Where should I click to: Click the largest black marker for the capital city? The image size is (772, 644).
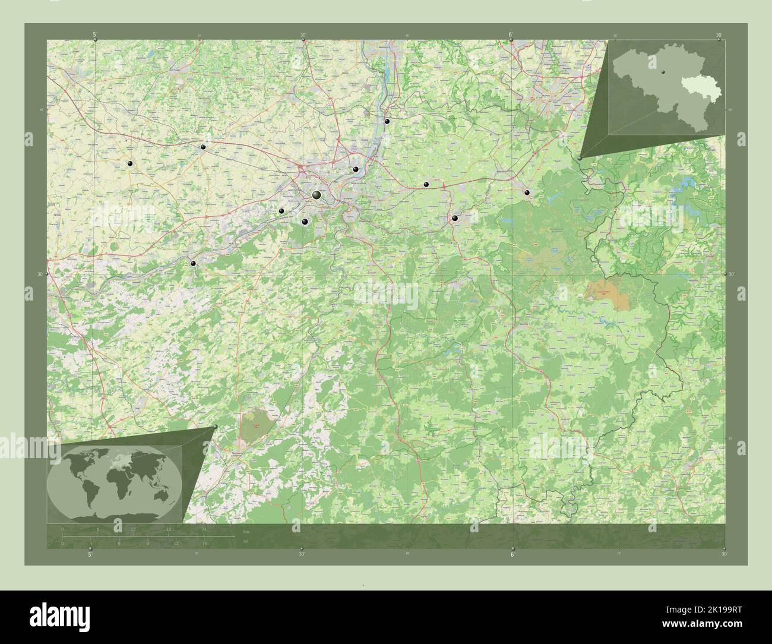coord(317,195)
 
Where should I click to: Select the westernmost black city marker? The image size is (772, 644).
coord(129,163)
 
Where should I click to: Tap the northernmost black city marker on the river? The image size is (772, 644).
coord(387,121)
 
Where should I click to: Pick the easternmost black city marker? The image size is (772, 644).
coord(527,192)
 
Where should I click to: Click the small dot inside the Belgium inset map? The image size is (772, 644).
coord(660,72)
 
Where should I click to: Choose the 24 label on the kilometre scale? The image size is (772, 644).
coord(204,529)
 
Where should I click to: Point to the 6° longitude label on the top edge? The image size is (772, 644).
coord(511,34)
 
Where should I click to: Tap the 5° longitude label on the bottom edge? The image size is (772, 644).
coord(90,554)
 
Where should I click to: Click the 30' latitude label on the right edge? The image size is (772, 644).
coord(732,274)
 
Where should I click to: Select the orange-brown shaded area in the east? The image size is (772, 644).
coord(607,291)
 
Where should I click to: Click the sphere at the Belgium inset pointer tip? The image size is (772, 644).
coord(580,158)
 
